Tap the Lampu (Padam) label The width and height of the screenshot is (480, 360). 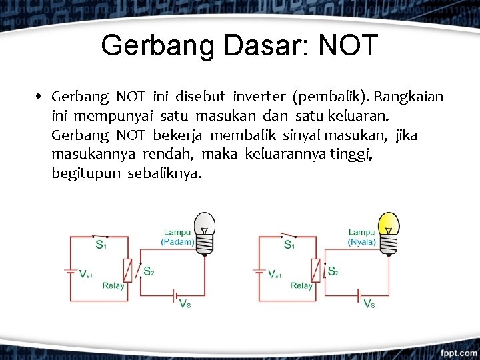tap(177, 237)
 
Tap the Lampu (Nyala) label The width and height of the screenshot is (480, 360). tap(362, 237)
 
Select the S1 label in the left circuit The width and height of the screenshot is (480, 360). tap(101, 245)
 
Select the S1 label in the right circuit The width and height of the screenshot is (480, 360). tap(289, 245)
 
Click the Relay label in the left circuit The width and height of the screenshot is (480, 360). tap(113, 285)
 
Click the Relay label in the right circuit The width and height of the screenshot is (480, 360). tap(301, 285)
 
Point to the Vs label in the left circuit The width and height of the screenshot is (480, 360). tap(185, 304)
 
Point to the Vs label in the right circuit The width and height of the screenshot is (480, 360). tap(369, 304)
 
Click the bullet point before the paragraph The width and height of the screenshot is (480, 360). tap(41, 97)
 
